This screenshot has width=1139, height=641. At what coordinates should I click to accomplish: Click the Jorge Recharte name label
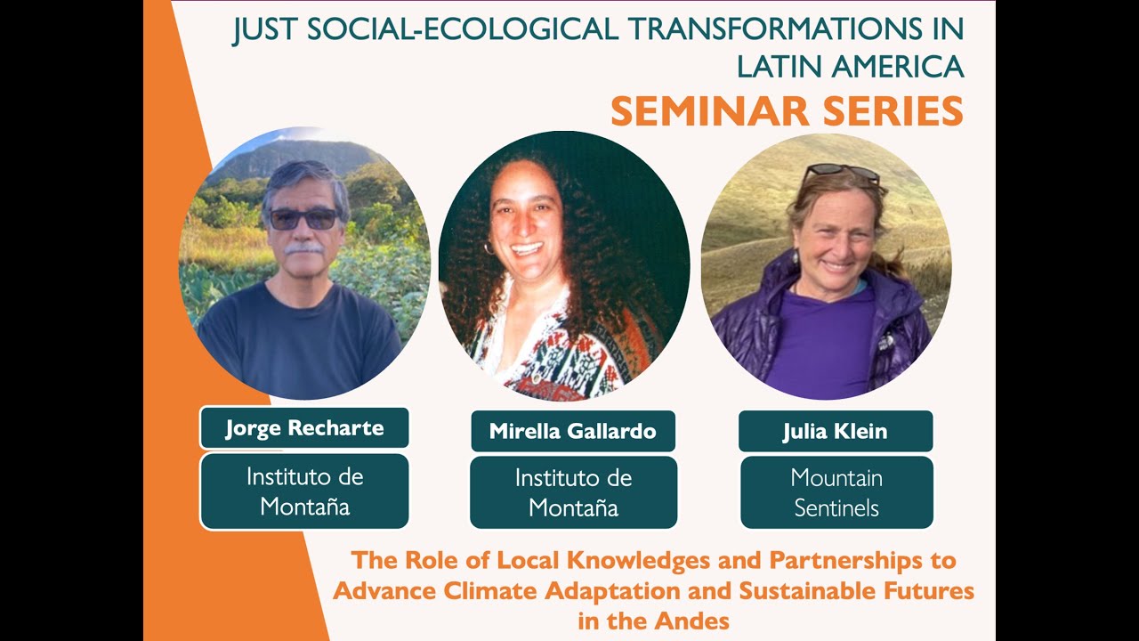(304, 428)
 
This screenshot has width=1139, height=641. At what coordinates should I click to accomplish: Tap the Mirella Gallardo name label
(572, 432)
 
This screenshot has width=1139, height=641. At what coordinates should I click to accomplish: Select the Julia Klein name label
(835, 432)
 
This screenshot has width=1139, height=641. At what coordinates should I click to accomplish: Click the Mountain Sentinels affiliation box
(836, 492)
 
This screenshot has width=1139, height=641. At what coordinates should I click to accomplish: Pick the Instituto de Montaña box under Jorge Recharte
(304, 491)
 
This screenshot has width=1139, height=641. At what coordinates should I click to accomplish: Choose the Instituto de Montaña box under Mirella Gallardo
(573, 492)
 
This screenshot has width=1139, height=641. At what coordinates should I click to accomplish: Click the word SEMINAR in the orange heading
(699, 112)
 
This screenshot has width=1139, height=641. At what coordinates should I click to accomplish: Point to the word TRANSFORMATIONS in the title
(769, 30)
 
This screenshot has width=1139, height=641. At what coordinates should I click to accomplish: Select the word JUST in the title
(264, 30)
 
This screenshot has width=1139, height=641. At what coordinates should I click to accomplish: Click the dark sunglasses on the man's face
(303, 218)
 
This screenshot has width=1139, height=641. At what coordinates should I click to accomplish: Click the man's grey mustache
(304, 250)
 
